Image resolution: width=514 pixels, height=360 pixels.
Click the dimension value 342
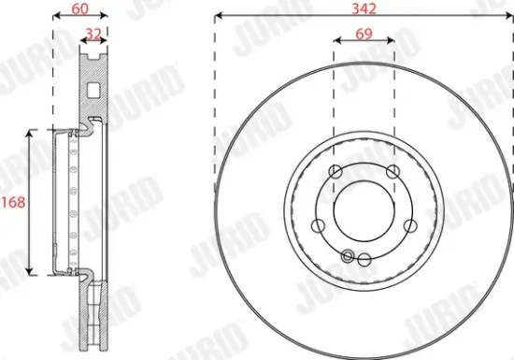(x=363, y=8)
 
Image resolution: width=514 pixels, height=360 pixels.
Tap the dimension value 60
(x=79, y=8)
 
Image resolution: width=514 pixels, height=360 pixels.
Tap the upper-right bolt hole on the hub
(x=391, y=170)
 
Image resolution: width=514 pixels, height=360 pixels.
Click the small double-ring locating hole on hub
(x=349, y=256)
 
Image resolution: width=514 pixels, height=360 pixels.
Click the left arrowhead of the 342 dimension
(x=220, y=17)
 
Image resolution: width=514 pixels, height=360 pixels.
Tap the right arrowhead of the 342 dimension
(x=507, y=17)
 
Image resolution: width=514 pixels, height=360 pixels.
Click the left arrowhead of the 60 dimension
(x=55, y=17)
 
